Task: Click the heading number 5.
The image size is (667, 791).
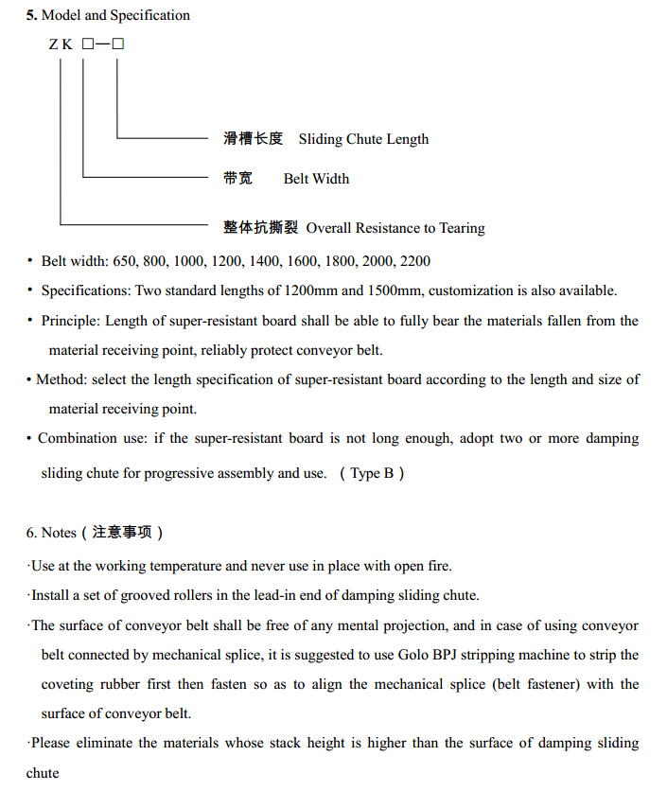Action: coord(31,15)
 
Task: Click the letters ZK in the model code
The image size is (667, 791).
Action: coord(61,44)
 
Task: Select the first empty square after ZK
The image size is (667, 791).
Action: coord(88,44)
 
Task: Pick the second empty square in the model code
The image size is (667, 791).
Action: coord(118,44)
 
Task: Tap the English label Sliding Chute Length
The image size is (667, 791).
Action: coord(363,139)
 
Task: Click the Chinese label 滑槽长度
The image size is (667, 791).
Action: coord(253,139)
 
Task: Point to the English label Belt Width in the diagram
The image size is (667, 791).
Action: coord(316,179)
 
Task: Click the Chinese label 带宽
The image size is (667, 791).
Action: coord(238,179)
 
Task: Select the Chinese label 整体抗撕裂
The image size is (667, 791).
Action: coord(260,228)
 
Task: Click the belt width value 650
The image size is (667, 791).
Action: coord(125,260)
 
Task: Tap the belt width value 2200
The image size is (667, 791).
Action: coord(415,260)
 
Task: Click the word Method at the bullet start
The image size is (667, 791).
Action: coord(60,379)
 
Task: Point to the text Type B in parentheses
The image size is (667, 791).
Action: coord(372,473)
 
